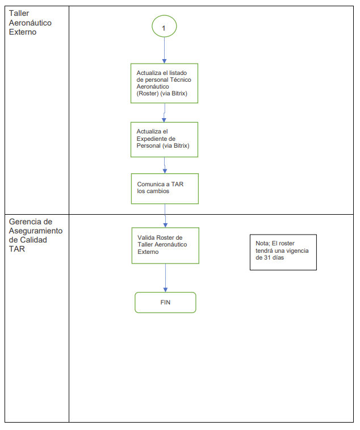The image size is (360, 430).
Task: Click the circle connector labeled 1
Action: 164,27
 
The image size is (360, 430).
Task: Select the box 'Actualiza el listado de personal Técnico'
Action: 164,83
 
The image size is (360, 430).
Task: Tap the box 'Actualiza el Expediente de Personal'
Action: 164,139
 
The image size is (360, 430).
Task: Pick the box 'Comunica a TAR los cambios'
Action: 165,188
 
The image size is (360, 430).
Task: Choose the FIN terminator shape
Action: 165,302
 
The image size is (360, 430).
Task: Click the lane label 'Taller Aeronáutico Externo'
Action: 31,23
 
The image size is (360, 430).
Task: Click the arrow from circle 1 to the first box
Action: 164,51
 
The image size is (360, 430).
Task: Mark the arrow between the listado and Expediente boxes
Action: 164,112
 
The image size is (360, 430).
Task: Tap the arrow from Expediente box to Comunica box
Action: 165,165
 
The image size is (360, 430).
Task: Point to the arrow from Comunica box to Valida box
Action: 165,215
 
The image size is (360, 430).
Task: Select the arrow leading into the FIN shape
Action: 165,278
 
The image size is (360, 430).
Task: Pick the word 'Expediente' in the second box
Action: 153,139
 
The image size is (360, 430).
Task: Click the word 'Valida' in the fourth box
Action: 146,237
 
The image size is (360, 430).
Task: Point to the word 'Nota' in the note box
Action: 262,243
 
